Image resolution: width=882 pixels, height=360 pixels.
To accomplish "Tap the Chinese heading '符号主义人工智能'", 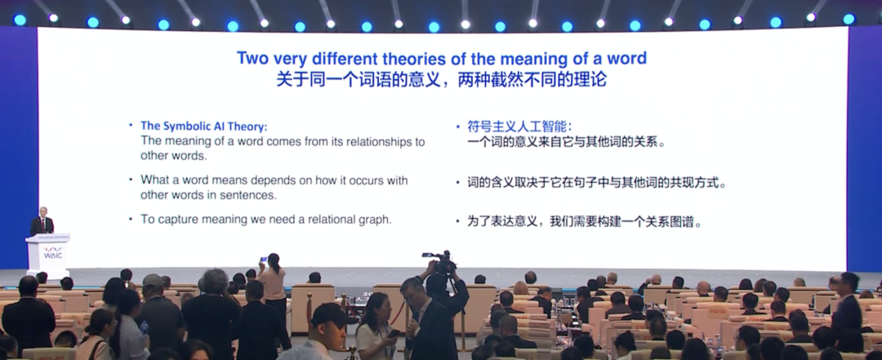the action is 517,126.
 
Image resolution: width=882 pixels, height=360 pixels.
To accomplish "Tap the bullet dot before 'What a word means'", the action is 131,180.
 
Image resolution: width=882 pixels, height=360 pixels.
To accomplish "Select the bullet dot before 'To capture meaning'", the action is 131,219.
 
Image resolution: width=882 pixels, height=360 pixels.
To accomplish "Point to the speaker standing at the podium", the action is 42,221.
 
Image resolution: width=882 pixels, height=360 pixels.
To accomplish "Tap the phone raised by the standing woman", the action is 263,260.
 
